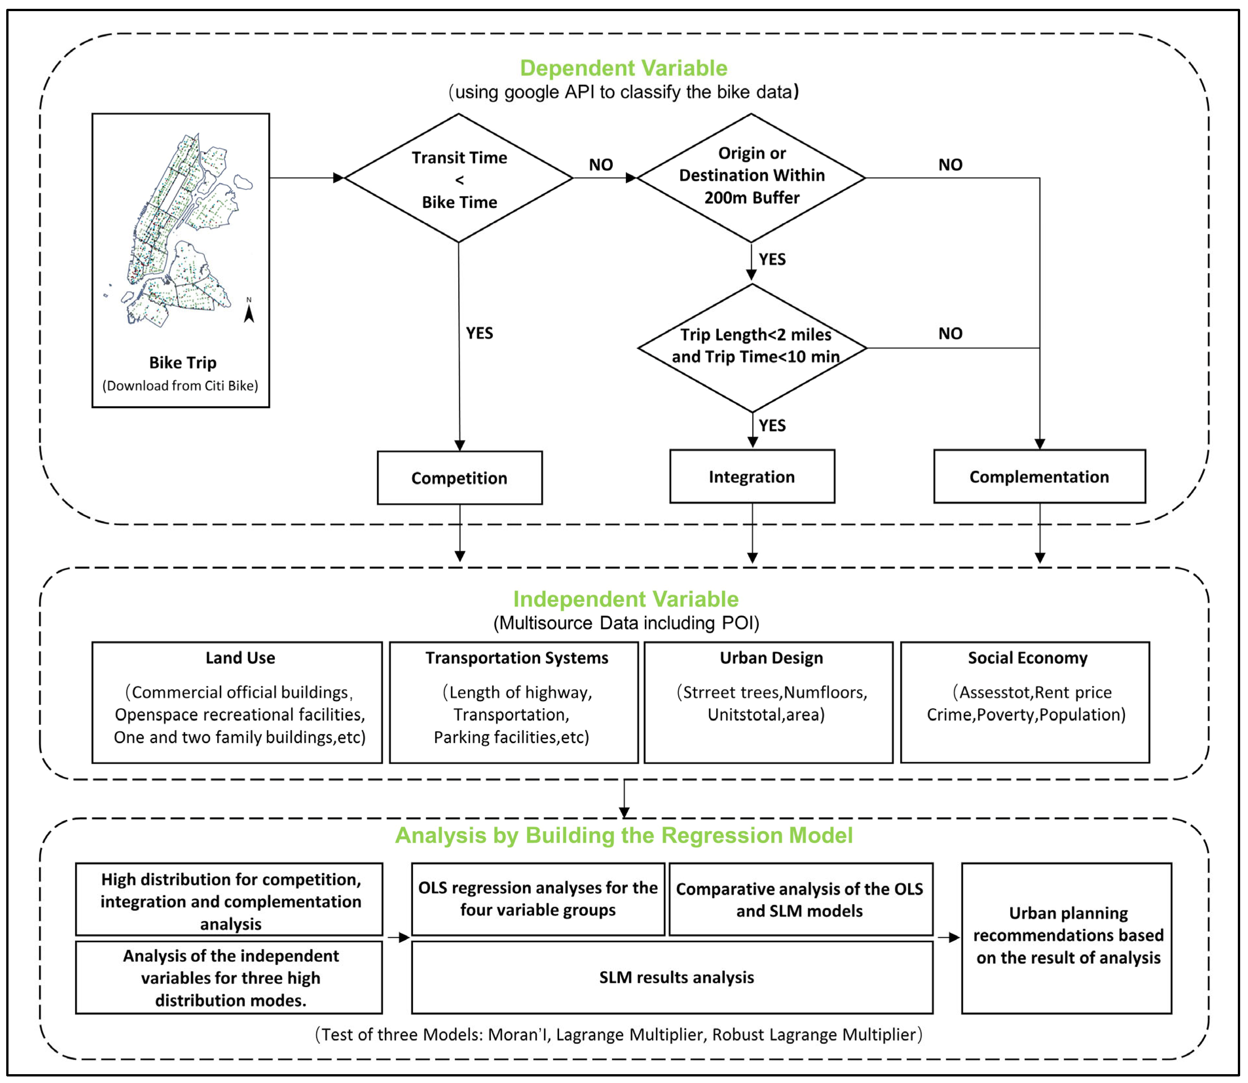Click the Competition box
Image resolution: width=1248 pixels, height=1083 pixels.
pos(460,478)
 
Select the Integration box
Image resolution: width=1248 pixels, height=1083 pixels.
pos(752,476)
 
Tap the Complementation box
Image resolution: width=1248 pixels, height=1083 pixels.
pos(1040,476)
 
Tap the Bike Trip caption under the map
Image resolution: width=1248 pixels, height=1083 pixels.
pos(183,363)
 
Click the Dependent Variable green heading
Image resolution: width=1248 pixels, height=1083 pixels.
pos(624,68)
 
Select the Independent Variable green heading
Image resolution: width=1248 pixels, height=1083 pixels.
pos(626,599)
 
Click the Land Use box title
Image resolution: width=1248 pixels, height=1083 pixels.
pos(240,657)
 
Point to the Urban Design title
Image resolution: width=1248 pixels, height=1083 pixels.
pos(771,657)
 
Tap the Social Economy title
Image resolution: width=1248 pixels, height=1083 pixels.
pos(1027,657)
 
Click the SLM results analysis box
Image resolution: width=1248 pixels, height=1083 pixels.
pos(672,977)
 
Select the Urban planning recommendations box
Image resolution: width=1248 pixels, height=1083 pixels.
pos(1067,938)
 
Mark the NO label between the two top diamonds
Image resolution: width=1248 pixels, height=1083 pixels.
pos(601,165)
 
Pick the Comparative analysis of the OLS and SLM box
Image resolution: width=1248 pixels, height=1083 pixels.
pos(801,899)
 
